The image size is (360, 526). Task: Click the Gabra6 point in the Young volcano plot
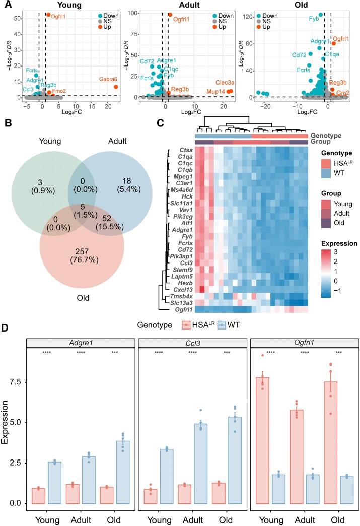pos(116,87)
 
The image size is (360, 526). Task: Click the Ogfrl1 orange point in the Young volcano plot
pos(48,15)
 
